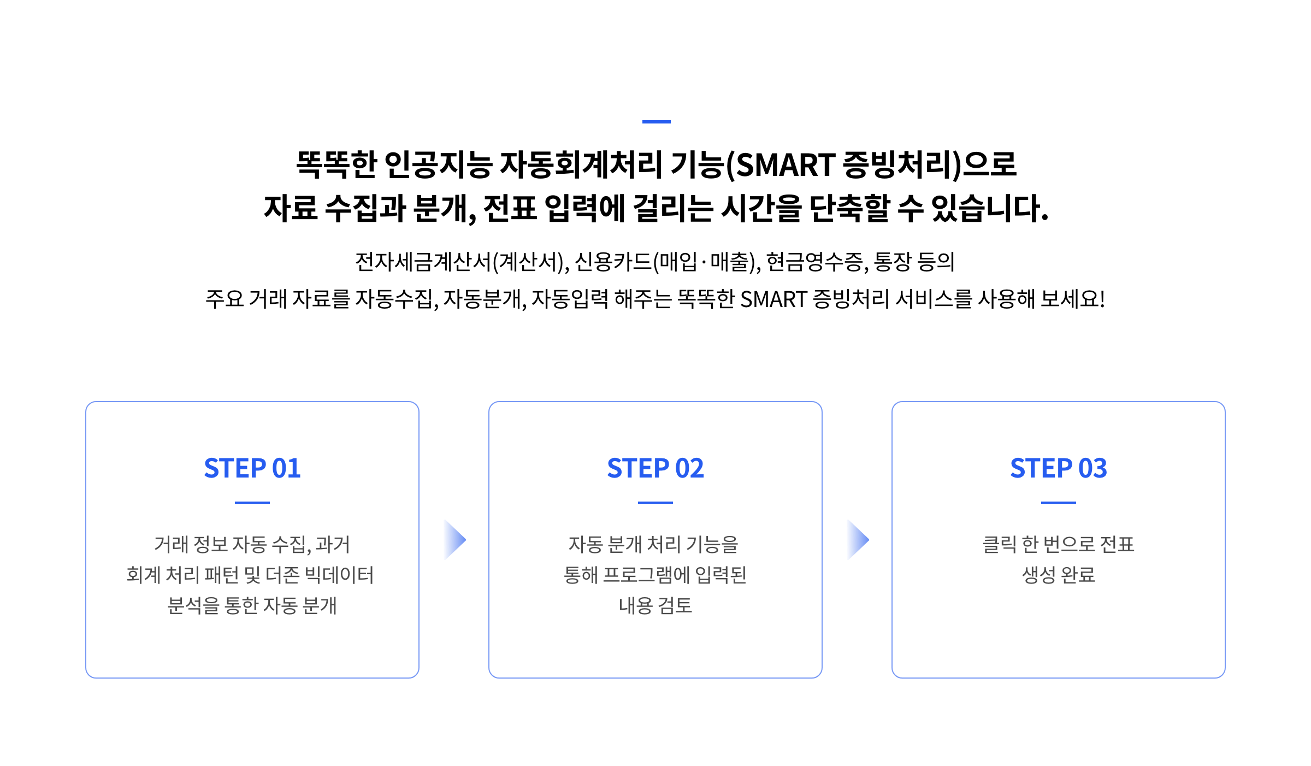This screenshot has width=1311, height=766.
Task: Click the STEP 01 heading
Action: [x=252, y=468]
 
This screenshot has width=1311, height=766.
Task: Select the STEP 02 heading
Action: [x=655, y=468]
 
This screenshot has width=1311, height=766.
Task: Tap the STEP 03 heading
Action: [x=1059, y=468]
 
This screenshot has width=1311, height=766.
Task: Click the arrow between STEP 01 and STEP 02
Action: [x=454, y=540]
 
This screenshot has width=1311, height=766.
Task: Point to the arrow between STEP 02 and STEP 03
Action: [x=858, y=540]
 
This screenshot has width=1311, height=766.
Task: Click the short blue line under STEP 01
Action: [x=252, y=502]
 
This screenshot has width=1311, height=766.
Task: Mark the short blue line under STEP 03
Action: [x=1059, y=502]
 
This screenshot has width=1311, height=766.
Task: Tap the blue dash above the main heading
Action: [x=656, y=122]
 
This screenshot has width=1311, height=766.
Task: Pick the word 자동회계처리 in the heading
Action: [x=581, y=164]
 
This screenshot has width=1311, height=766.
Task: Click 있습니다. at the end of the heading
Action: [x=990, y=208]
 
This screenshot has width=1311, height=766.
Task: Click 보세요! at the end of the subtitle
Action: [x=1073, y=299]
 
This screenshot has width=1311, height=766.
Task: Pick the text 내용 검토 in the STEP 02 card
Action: [x=655, y=605]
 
